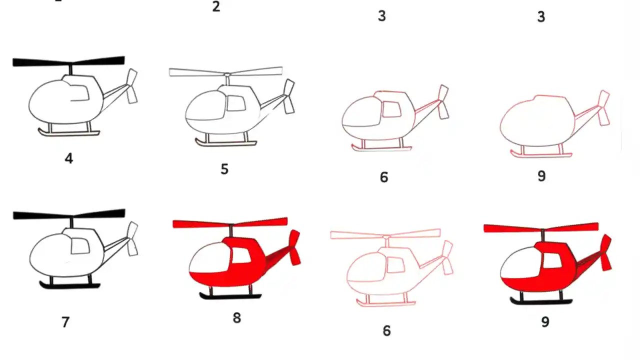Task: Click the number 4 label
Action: point(69,158)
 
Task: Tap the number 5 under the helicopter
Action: point(224,169)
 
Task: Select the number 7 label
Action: point(65,322)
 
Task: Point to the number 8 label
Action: point(236,317)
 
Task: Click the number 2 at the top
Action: point(216,7)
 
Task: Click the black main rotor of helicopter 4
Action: point(68,61)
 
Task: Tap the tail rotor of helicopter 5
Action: point(288,96)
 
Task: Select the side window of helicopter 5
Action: point(236,103)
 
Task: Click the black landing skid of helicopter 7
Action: point(70,285)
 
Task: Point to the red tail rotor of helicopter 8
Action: point(295,247)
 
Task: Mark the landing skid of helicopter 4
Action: point(69,133)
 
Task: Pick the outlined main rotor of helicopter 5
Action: point(226,72)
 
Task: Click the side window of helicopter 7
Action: point(80,245)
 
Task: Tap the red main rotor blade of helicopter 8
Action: point(230,222)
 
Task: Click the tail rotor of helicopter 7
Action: point(132,239)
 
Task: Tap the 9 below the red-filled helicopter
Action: point(545,322)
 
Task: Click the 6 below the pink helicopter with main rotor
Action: point(386,330)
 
